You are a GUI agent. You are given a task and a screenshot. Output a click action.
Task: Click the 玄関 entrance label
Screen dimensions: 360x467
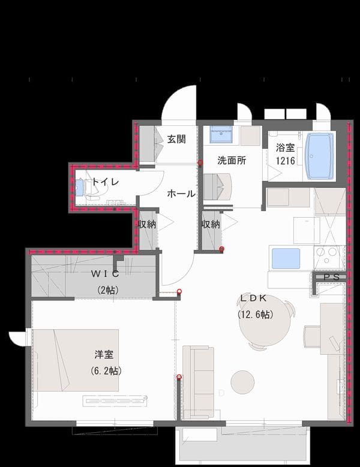(176, 139)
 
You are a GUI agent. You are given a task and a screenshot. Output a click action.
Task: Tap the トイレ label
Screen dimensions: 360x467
(105, 182)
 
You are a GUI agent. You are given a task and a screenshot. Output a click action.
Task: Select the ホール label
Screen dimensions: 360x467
(181, 194)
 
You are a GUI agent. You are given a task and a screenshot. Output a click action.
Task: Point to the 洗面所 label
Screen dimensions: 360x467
(232, 161)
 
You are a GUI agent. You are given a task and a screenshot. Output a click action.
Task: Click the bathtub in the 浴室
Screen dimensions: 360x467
(320, 156)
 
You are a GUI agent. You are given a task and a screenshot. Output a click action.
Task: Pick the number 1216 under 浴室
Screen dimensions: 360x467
(285, 161)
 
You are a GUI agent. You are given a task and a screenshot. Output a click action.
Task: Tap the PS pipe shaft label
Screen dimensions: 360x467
(332, 277)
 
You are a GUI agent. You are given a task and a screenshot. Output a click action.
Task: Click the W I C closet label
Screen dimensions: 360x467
(105, 273)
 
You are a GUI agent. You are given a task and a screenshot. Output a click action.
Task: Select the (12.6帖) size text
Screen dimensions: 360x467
(256, 314)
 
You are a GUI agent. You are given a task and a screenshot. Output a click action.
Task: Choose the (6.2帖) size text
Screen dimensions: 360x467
(106, 370)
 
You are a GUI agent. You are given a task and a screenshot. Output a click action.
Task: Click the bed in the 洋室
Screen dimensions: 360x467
(76, 360)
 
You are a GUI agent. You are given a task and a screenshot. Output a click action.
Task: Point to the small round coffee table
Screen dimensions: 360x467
(242, 382)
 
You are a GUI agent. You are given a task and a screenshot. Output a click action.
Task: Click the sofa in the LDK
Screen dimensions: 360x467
(198, 382)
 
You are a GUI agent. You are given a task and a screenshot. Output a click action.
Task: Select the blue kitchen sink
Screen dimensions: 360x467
(286, 258)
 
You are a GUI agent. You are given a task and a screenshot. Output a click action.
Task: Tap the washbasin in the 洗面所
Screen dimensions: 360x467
(221, 134)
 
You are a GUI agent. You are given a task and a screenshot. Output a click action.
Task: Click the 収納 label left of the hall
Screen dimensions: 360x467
(147, 224)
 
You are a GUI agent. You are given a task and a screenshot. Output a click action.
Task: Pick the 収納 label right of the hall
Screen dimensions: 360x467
(211, 224)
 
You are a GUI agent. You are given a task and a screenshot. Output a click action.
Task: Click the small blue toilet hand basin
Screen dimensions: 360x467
(80, 187)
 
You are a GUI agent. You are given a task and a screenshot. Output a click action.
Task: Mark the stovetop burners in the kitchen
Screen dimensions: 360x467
(329, 255)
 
